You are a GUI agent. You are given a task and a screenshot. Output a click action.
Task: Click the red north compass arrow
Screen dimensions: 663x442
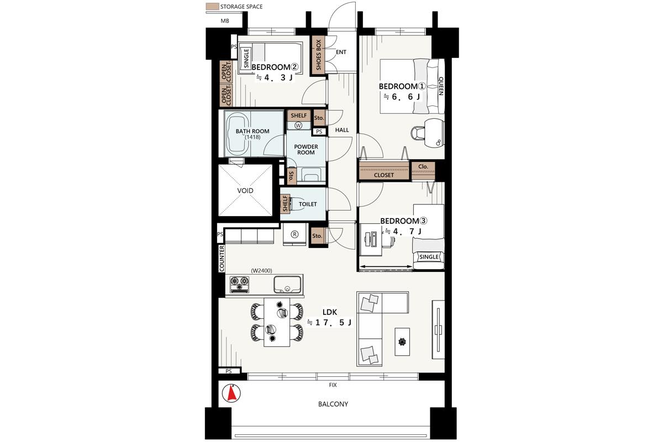[x=231, y=393]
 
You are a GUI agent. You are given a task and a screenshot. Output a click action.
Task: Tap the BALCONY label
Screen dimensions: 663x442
[x=333, y=404]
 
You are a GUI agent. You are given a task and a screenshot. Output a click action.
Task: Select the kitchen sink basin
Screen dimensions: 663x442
[x=287, y=285]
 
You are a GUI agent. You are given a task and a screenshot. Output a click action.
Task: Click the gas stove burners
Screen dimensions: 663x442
[x=239, y=285]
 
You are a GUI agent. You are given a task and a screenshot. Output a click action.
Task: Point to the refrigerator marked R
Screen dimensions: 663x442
[x=294, y=234]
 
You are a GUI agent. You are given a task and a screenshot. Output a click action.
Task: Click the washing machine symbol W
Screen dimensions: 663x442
[x=298, y=125]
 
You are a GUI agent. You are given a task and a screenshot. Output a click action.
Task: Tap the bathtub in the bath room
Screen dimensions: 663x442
[x=238, y=134]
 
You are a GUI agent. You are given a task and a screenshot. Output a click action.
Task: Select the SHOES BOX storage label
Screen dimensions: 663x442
[x=318, y=55]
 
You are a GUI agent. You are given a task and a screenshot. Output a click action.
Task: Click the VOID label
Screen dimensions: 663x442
[x=245, y=191]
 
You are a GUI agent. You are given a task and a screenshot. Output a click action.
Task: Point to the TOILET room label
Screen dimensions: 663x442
[x=308, y=204]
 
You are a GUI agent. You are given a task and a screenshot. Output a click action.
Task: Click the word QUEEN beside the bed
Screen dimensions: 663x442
[x=440, y=86]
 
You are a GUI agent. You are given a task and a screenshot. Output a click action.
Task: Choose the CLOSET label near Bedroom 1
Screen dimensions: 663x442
[x=383, y=175]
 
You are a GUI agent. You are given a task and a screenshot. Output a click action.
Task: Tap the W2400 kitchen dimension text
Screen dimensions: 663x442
[x=261, y=271]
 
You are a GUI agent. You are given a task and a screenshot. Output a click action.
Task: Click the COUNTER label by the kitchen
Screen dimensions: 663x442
[x=222, y=258]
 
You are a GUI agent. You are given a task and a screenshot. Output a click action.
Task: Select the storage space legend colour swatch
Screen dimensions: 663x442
[x=212, y=6]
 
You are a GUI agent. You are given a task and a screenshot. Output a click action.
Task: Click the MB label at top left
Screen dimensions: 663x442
[x=225, y=21]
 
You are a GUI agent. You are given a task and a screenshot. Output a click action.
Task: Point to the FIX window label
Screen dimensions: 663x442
[x=333, y=385]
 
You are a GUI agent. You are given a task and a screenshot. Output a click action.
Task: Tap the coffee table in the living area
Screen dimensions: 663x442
[x=402, y=341]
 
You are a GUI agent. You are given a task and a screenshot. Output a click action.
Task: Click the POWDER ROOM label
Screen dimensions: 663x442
[x=306, y=150]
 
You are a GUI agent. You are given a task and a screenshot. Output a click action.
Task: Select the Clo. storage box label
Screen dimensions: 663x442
[x=423, y=167]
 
